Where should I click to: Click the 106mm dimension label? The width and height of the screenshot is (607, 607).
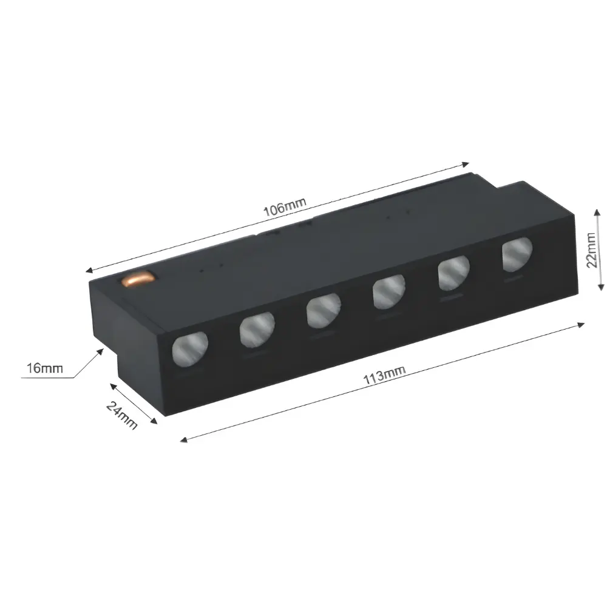[285, 207]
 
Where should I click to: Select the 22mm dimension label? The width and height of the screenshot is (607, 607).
[591, 250]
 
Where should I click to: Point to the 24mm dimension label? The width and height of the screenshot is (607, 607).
[121, 415]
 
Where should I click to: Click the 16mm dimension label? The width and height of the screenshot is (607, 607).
[44, 368]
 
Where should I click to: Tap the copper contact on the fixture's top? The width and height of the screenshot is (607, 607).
[138, 279]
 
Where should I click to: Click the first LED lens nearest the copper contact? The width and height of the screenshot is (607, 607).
[190, 349]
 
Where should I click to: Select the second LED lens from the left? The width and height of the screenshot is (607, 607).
[257, 330]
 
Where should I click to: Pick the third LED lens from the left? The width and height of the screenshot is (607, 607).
[324, 310]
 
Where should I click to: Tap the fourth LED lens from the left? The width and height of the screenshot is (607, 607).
[389, 292]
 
